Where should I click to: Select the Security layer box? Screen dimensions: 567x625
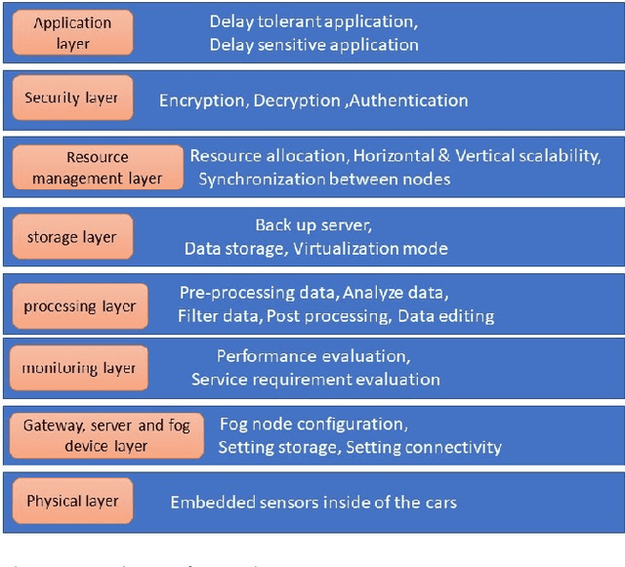point(71,98)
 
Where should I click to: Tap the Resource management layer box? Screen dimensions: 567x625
point(97,167)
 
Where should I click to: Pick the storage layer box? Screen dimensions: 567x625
point(71,237)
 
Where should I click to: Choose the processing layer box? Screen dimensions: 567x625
point(78,306)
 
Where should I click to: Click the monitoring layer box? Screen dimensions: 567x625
point(79,368)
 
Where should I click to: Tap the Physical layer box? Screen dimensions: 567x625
point(72,502)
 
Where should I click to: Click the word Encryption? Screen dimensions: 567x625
point(202,101)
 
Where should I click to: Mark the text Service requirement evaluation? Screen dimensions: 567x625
point(315,379)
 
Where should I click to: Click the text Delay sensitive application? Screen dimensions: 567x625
point(313,44)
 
